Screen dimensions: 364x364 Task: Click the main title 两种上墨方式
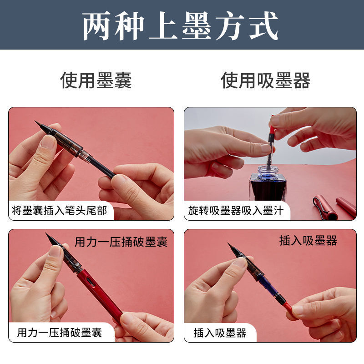coord(180,25)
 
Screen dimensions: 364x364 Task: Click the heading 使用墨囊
coord(96,81)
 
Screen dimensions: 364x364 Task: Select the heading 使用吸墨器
coord(265,81)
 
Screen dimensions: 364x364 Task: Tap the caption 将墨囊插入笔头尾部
coord(60,211)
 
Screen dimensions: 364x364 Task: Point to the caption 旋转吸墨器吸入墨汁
coord(236,211)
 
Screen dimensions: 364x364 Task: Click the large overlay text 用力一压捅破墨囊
coord(121,242)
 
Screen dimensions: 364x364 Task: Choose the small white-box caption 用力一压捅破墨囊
coord(60,333)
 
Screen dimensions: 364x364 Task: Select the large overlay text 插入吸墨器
coord(308,241)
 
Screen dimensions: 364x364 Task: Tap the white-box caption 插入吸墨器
coord(220,333)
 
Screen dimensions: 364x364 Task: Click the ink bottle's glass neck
coord(268,172)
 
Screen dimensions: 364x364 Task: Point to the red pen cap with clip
coord(324,208)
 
